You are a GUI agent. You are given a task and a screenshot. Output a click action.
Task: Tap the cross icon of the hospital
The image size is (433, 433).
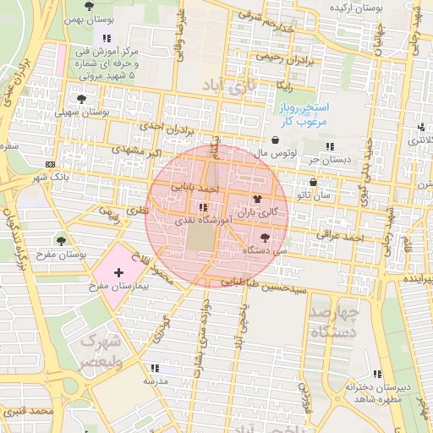pos(118,273)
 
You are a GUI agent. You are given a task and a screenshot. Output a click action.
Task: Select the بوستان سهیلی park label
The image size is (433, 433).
pos(83,112)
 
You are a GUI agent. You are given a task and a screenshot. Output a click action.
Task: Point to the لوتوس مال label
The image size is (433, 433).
pos(277,153)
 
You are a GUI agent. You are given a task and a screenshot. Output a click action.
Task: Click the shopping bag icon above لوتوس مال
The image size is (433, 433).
pos(277,140)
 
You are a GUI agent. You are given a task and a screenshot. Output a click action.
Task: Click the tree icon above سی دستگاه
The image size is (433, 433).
pos(266,238)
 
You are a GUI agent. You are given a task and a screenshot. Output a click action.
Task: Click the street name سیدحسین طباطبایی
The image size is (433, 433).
pos(252,285)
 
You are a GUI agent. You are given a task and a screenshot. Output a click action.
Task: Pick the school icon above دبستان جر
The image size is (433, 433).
pos(341,147)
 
